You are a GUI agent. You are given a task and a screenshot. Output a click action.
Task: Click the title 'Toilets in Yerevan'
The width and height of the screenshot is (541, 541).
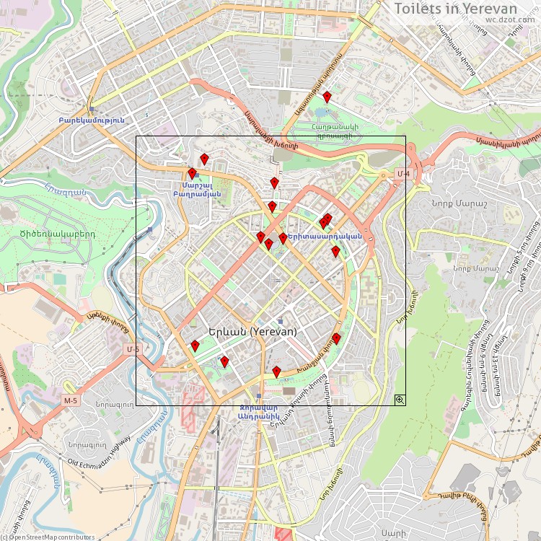465,8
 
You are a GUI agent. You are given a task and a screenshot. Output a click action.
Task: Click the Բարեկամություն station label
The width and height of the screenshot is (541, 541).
92,120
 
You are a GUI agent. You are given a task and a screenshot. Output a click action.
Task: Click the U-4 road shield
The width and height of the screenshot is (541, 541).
403,174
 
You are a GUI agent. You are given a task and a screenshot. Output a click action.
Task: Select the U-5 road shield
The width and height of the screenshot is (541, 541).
131,349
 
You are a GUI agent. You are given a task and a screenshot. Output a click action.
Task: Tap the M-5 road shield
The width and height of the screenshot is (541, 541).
70,400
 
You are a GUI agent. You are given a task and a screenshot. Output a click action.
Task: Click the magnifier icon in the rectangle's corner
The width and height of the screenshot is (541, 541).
399,399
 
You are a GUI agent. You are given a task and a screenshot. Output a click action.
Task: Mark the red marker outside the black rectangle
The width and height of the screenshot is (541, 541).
327,97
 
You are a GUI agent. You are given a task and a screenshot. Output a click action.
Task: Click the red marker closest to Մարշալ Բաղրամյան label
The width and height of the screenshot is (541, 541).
192,173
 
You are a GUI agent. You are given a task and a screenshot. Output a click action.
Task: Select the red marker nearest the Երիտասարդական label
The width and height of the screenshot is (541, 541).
283,237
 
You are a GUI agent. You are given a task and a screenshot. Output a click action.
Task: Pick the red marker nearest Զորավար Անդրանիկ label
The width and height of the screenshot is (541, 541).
276,371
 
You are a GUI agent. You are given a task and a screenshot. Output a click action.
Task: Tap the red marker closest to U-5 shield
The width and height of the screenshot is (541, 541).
195,346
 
